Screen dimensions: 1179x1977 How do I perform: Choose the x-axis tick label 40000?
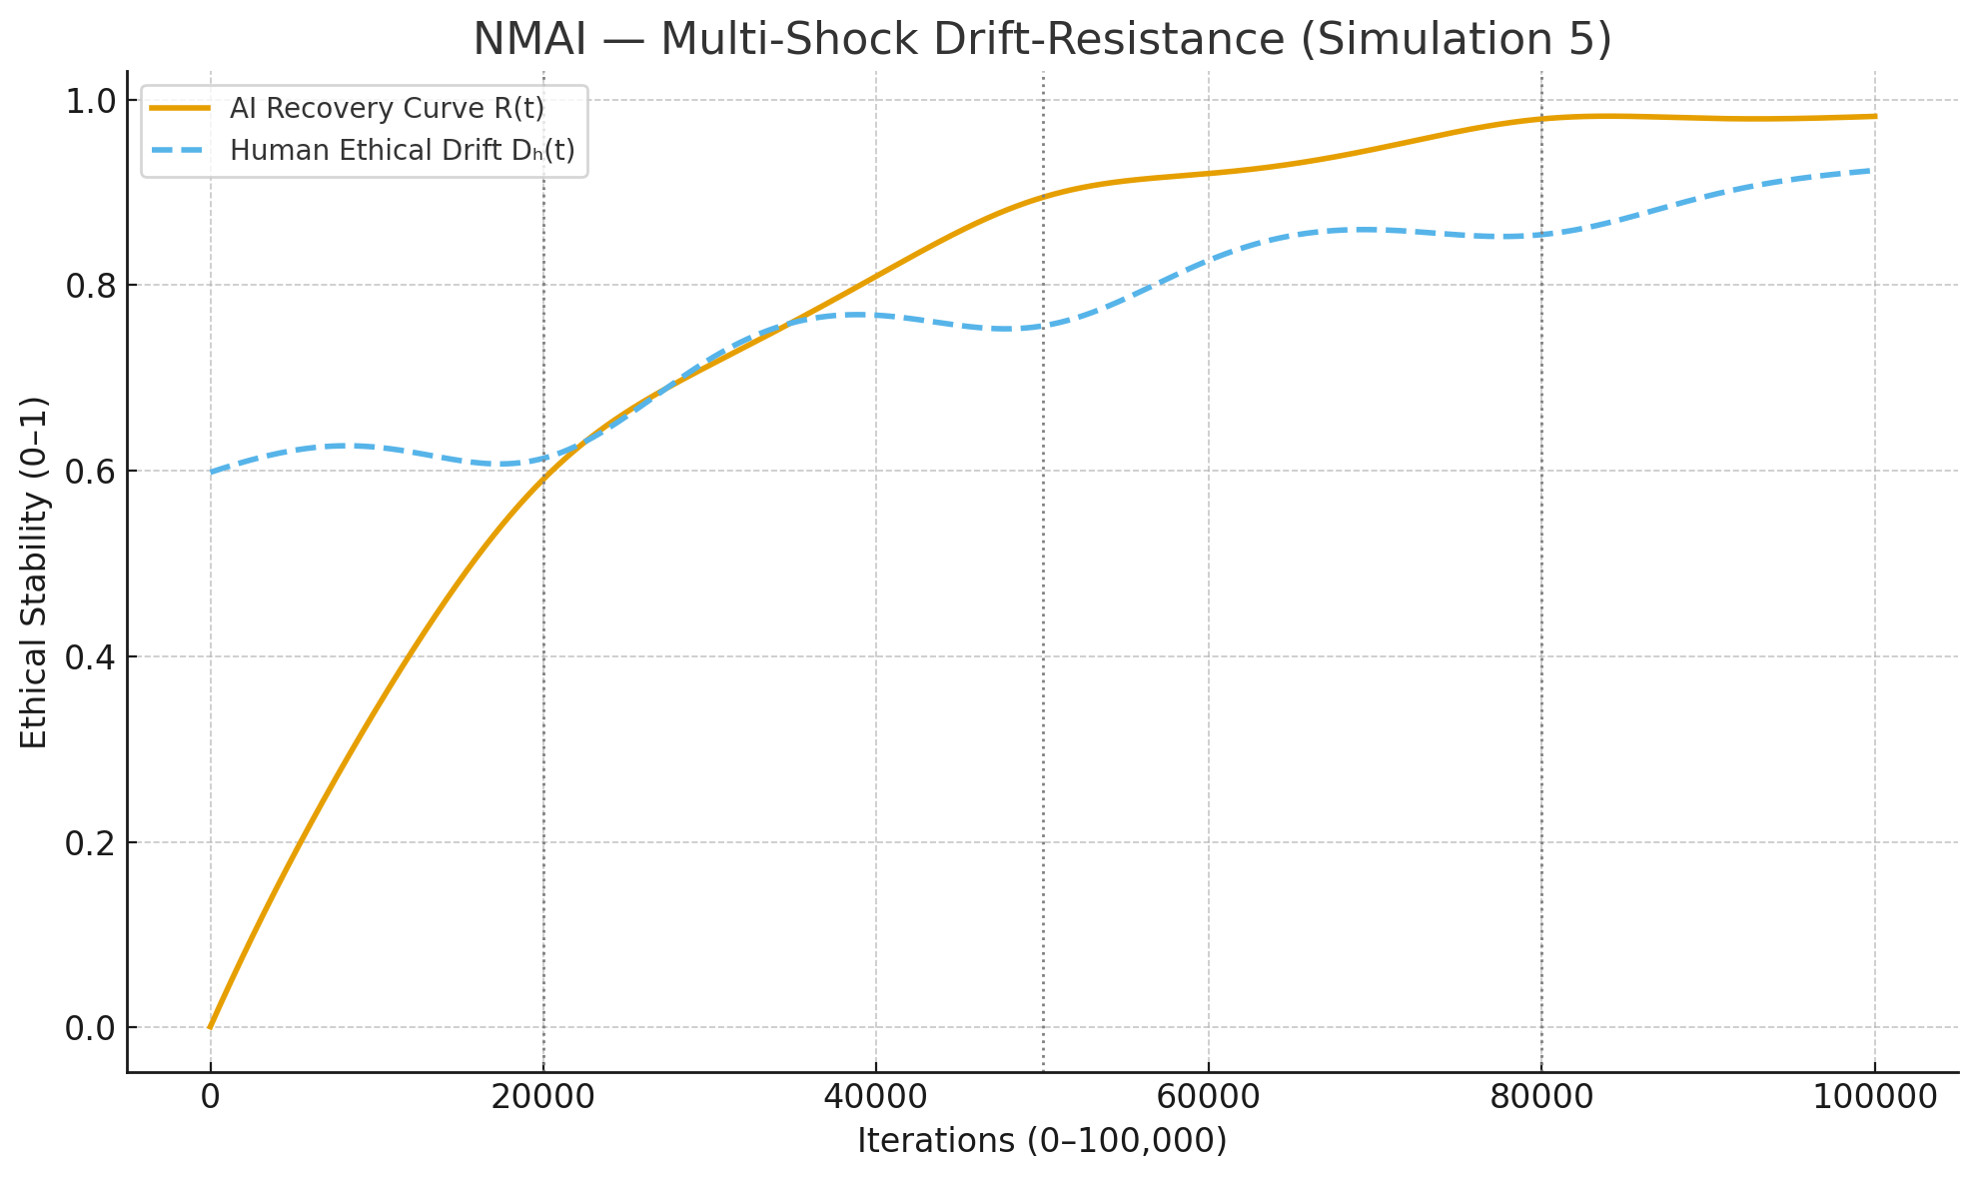[875, 1097]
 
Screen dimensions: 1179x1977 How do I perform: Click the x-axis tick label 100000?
[1873, 1097]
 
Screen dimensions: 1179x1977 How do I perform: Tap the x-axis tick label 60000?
[1208, 1097]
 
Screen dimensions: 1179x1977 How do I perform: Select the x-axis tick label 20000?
[542, 1097]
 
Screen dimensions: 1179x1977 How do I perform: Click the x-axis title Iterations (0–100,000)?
[1042, 1141]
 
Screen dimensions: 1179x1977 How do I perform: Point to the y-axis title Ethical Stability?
[34, 573]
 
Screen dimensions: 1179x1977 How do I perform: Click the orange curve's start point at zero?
[210, 1027]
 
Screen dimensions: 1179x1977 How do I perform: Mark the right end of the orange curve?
[1874, 117]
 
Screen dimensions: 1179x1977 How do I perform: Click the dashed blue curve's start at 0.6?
[211, 472]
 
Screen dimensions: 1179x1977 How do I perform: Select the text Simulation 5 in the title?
[1454, 40]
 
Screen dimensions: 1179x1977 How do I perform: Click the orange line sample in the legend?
[180, 108]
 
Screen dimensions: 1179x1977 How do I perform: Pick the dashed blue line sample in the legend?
[180, 151]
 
